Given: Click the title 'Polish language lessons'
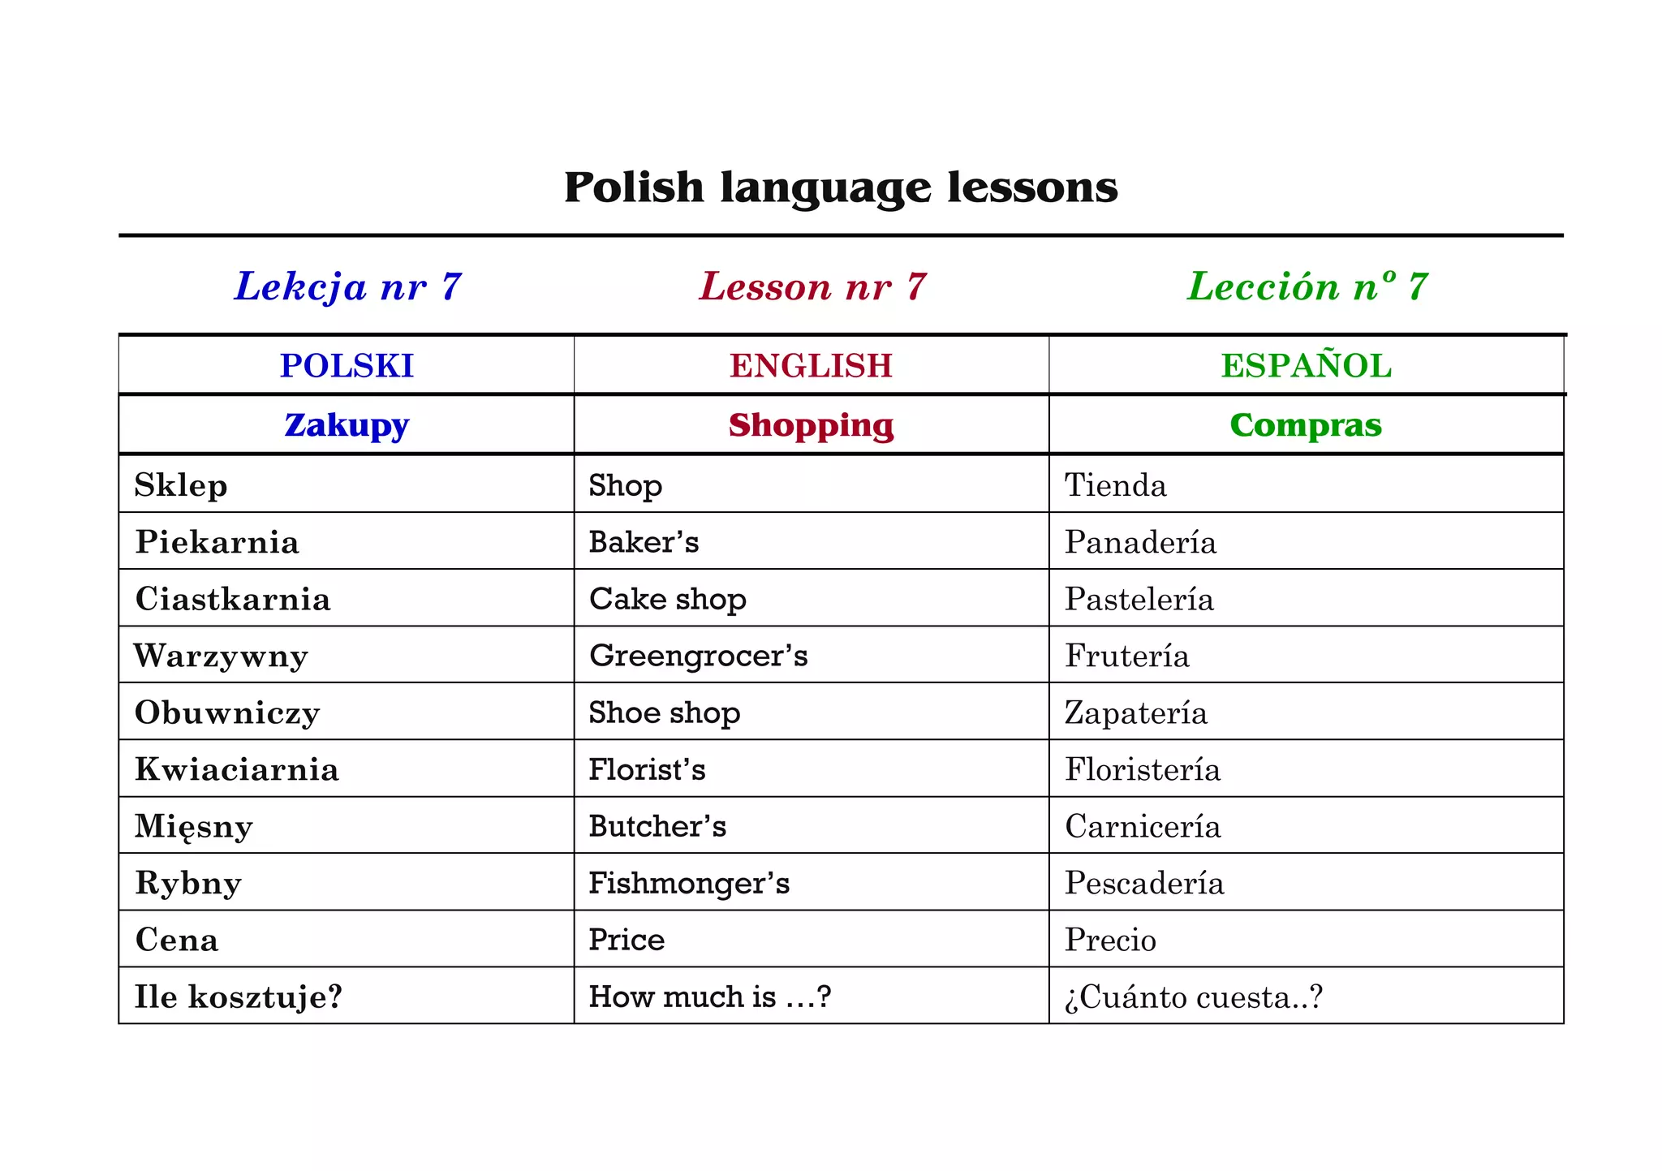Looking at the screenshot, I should [x=841, y=187].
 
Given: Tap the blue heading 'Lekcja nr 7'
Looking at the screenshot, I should [x=348, y=286].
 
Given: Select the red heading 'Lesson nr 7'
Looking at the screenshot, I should [x=812, y=286].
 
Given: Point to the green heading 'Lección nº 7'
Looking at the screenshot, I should [x=1307, y=286].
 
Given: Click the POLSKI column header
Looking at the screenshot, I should [x=347, y=366].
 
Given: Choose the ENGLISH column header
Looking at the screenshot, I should [x=811, y=366].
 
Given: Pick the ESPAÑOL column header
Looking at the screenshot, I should [x=1307, y=366].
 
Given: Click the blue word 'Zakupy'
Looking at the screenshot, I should [x=347, y=425].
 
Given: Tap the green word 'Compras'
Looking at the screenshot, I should [x=1306, y=425].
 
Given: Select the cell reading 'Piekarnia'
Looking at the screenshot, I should [x=217, y=542].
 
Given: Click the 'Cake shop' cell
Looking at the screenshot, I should [x=667, y=599].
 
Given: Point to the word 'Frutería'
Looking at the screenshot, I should [x=1127, y=656].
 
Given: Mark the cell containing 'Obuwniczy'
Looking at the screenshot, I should [x=227, y=713].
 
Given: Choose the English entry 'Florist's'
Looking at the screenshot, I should [x=647, y=769].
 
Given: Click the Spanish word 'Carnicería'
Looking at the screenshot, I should [x=1143, y=826].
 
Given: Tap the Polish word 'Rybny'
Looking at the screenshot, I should [x=188, y=883].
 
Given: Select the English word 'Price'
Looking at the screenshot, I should [x=626, y=940].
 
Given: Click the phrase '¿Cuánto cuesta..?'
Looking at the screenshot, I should [x=1194, y=997].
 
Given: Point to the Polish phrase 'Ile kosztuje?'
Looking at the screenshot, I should [x=239, y=997].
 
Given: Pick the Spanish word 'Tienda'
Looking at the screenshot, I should [x=1116, y=485].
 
